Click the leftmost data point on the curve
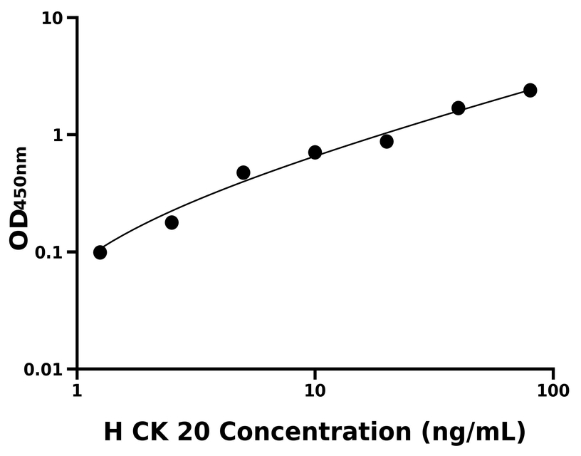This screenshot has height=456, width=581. (x=100, y=252)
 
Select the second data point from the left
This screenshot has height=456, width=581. (x=172, y=222)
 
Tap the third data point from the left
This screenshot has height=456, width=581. (x=244, y=172)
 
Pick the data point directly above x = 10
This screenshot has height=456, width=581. (x=315, y=152)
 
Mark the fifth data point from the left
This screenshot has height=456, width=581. (x=387, y=141)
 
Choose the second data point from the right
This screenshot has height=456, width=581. (x=459, y=108)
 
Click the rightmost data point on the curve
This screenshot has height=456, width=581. (x=530, y=90)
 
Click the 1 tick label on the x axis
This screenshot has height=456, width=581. (x=77, y=390)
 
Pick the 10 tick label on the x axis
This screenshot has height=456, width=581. (x=315, y=390)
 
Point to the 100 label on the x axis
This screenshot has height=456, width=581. (x=553, y=390)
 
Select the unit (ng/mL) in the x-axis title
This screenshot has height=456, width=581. (x=473, y=432)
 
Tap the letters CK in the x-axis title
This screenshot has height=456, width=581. (x=158, y=432)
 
